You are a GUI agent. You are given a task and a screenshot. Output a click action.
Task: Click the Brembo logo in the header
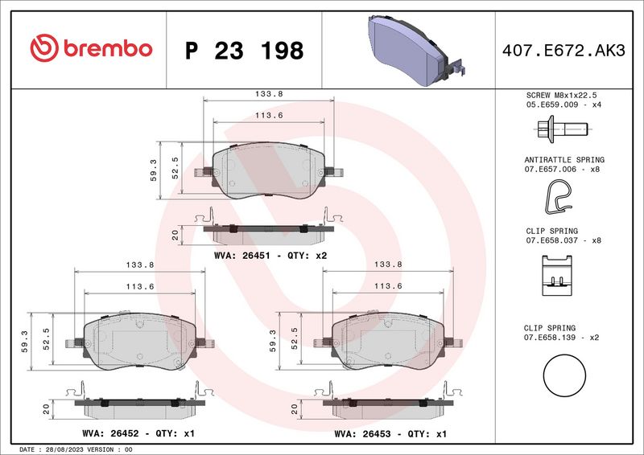(x=90, y=49)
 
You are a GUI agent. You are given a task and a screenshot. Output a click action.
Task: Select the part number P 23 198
(x=244, y=51)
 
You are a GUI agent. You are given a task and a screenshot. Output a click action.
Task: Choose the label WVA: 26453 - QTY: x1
(x=391, y=433)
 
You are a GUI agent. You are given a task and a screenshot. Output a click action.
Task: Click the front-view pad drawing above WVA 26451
(x=268, y=170)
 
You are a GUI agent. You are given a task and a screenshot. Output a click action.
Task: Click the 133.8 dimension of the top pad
(x=268, y=94)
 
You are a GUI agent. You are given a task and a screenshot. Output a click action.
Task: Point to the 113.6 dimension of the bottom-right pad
(x=387, y=285)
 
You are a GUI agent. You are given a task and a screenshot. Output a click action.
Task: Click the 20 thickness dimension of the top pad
(x=174, y=235)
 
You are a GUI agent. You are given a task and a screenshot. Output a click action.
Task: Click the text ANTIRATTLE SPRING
(x=563, y=160)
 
